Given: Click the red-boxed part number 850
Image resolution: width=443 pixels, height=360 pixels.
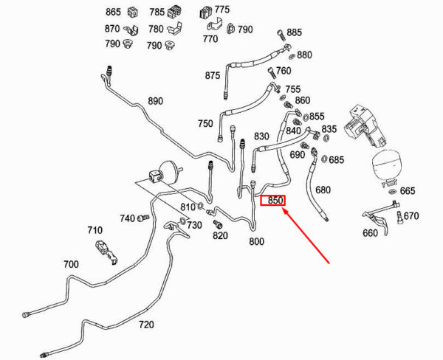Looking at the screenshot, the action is (x=275, y=201).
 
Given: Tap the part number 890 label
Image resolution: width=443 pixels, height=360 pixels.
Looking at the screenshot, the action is (x=155, y=101).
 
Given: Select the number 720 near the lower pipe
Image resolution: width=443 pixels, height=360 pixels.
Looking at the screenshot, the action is (x=146, y=325).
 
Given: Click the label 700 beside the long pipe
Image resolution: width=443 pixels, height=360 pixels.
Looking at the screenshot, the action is (x=71, y=264).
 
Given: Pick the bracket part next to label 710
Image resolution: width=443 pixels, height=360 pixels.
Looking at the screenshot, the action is (x=106, y=252).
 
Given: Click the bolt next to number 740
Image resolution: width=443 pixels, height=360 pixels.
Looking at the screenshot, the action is (x=143, y=218).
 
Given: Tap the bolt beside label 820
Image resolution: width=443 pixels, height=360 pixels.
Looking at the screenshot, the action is (x=218, y=224).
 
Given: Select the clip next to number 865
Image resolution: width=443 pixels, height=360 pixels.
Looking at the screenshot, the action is (x=132, y=12).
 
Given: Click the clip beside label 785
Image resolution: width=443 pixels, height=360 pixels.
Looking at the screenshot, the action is (x=174, y=12).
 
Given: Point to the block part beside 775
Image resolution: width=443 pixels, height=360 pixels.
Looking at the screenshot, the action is (x=205, y=12).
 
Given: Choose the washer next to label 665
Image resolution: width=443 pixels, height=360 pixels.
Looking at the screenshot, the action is (x=392, y=192).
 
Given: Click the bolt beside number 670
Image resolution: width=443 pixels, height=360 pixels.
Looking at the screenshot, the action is (x=399, y=218).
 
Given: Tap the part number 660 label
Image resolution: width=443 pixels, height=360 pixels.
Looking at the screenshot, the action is (x=370, y=233).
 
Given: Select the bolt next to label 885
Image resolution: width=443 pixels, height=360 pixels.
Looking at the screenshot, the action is (x=281, y=35).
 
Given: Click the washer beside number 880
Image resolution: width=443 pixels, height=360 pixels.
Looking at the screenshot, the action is (x=292, y=56).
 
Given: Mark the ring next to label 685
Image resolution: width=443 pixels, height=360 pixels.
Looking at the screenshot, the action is (x=324, y=159).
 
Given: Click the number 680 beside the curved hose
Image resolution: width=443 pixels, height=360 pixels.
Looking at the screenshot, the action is (x=323, y=190).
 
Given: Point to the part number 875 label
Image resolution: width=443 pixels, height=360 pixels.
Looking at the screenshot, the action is (x=213, y=75).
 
